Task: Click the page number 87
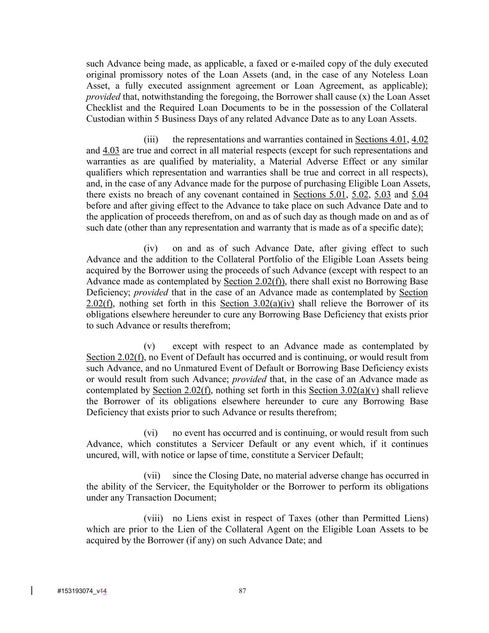pos(242,591)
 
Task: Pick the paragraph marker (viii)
pos(153,518)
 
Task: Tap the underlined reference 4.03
pos(111,151)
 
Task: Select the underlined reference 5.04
pos(419,195)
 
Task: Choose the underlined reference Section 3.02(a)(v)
pos(343,390)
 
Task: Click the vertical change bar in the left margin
pos(32,591)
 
